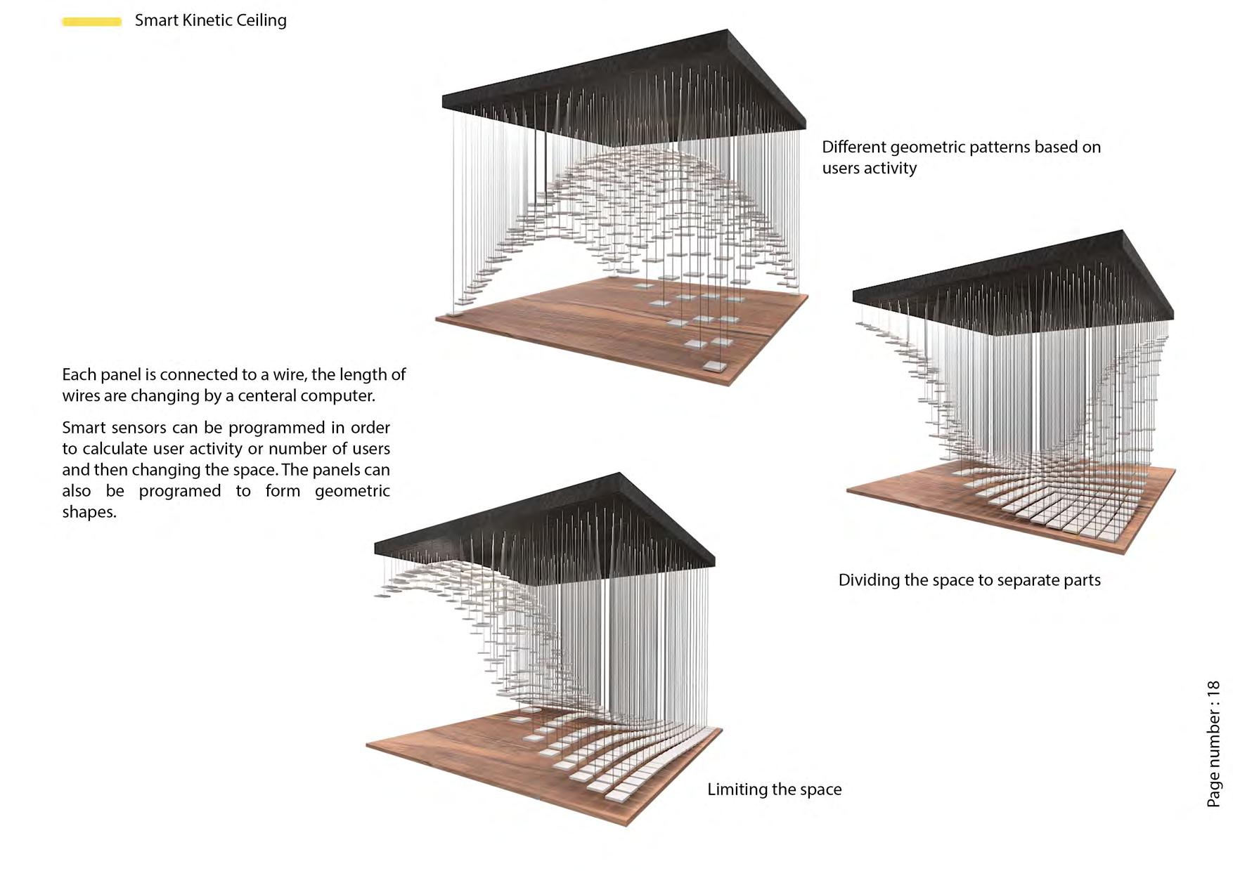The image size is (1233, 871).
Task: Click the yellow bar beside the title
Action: pos(91,22)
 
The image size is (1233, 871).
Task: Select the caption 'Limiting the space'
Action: pos(774,790)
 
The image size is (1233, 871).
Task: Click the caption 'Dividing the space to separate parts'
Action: pos(969,580)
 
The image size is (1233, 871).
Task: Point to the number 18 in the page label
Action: pos(1213,688)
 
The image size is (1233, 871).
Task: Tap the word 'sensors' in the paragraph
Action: pos(138,428)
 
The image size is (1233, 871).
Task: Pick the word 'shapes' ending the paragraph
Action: pos(88,512)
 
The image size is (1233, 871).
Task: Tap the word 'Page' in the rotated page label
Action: pos(1213,792)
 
